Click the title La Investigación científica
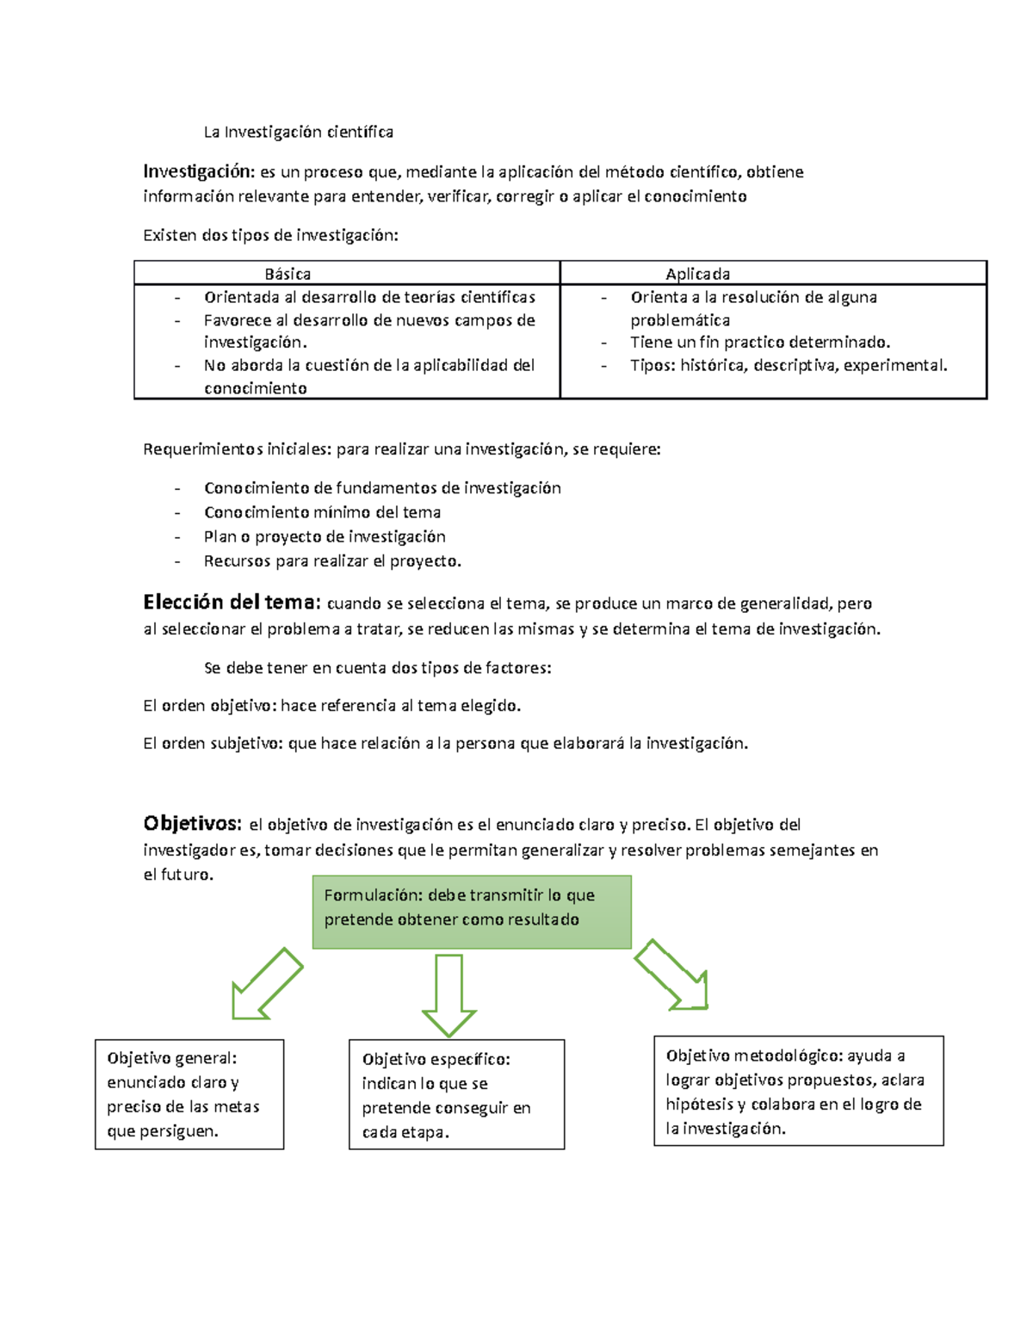coord(298,132)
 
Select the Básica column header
coord(288,274)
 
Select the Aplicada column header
coord(697,274)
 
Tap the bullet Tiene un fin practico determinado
coord(759,342)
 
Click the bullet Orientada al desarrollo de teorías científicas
coord(369,297)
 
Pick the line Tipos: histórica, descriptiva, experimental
coord(788,365)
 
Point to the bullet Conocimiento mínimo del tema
coord(322,512)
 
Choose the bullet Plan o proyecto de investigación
coord(325,536)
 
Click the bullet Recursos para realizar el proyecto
coord(332,561)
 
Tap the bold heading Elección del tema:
coord(232,602)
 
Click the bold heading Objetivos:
coord(192,823)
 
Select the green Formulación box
coord(472,912)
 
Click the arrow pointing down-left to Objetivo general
coord(266,984)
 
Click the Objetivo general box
coord(189,1094)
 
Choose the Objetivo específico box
coord(456,1094)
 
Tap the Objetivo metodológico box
coord(798,1091)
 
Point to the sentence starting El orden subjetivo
coord(445,743)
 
